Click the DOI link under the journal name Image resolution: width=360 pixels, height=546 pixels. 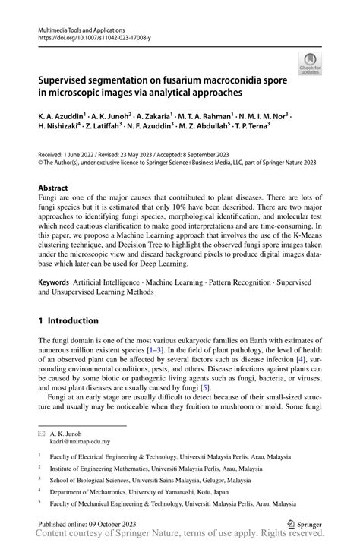click(89, 36)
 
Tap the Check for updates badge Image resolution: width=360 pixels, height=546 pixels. click(310, 64)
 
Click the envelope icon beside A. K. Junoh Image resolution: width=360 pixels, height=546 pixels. click(43, 433)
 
